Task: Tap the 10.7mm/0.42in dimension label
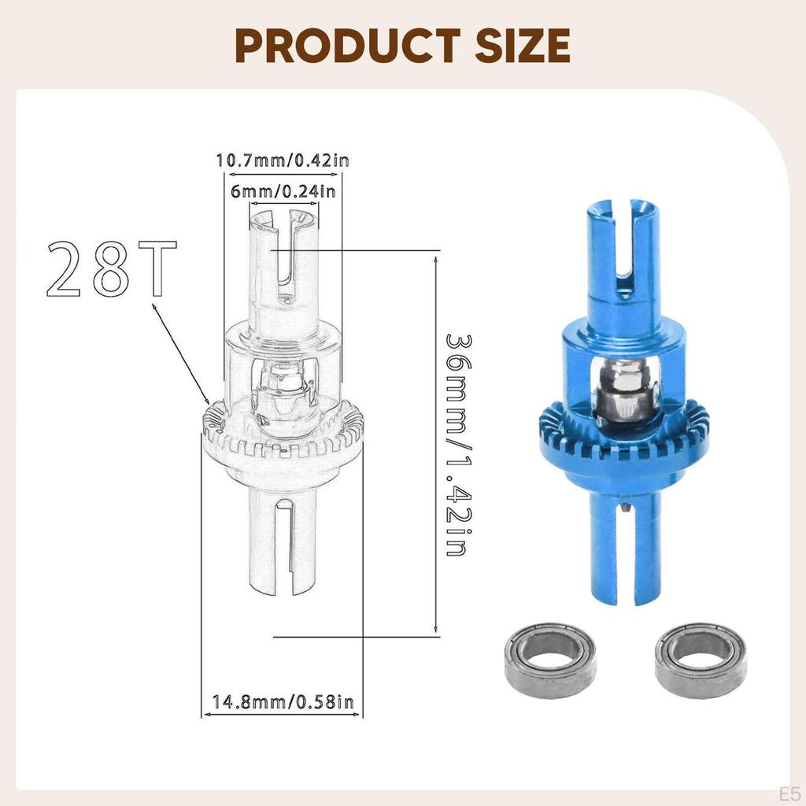pos(283,161)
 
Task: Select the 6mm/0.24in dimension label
pos(283,190)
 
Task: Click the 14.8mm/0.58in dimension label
pos(283,701)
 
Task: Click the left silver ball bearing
pos(550,660)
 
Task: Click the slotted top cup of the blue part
pos(622,244)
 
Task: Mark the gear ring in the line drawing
pos(283,441)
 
